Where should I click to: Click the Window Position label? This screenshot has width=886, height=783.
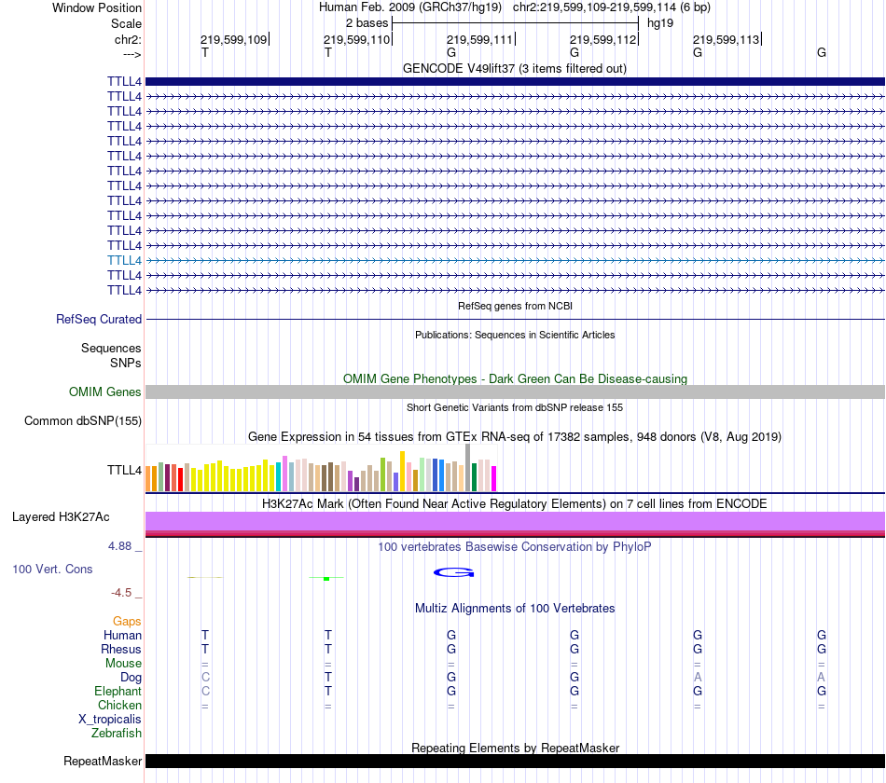tap(97, 7)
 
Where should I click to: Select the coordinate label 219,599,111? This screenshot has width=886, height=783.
tap(479, 40)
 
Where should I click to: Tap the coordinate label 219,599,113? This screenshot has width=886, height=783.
tap(726, 40)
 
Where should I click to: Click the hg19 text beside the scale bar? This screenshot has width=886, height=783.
tap(659, 22)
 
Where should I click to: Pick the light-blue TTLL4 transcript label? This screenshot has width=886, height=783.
tap(124, 260)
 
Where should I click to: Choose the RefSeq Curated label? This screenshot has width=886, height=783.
tap(99, 319)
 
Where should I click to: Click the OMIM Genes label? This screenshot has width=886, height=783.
tap(105, 392)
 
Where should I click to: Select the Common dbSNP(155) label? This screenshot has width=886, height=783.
tap(83, 420)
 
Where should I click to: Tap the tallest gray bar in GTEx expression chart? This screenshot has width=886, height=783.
tap(467, 466)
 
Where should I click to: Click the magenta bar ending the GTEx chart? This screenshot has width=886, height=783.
tap(494, 478)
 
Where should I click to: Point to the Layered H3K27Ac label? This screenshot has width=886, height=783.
tap(61, 516)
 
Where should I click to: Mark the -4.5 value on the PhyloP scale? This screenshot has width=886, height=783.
tap(126, 592)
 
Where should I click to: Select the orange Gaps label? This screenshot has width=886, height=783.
tap(127, 621)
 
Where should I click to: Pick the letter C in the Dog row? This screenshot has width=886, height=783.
tap(205, 677)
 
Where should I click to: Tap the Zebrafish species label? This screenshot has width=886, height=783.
tap(117, 734)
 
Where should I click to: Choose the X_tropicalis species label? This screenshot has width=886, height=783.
tap(110, 720)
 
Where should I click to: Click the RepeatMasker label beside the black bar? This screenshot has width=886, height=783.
tap(103, 761)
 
